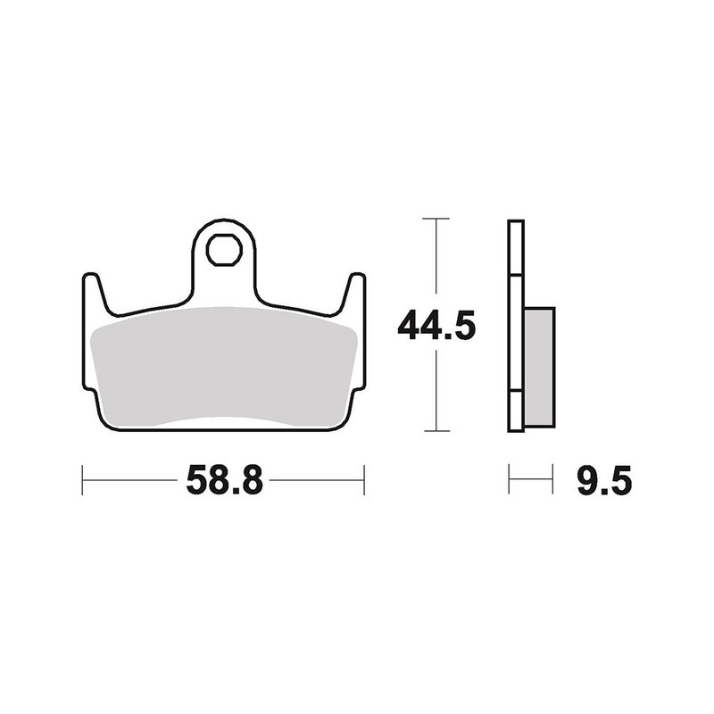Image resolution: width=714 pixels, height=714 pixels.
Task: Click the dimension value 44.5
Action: point(436,326)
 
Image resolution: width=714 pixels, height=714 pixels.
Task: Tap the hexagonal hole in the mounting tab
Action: point(223,249)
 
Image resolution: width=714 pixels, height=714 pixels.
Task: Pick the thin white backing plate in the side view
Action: point(514,326)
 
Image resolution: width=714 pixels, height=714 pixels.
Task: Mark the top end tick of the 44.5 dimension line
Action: point(436,218)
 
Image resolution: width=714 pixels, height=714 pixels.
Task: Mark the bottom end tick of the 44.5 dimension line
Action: point(436,431)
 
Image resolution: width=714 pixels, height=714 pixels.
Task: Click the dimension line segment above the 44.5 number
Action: point(436,263)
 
